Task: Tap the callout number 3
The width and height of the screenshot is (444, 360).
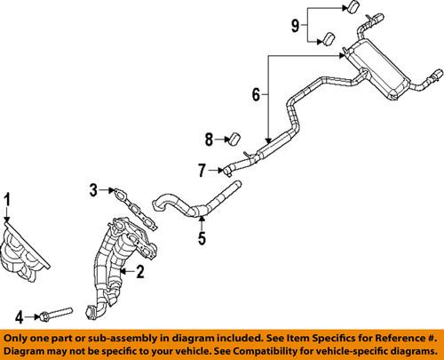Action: pyautogui.click(x=91, y=189)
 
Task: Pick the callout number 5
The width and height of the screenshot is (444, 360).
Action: pyautogui.click(x=201, y=238)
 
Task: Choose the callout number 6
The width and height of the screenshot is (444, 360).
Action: pyautogui.click(x=256, y=93)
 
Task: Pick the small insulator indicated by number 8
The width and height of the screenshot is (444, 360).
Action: pyautogui.click(x=236, y=138)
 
